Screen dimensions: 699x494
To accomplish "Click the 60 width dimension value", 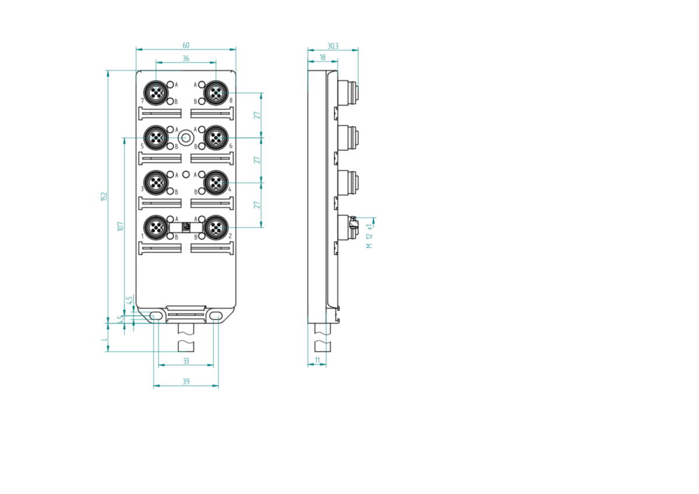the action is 186,45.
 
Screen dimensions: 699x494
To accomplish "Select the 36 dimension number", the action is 186,58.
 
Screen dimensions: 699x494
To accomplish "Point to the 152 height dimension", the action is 104,196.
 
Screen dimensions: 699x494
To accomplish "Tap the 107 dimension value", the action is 121,226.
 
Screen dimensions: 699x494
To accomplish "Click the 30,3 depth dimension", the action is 333,46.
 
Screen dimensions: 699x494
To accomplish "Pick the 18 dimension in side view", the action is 322,57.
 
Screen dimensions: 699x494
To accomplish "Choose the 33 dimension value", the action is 186,361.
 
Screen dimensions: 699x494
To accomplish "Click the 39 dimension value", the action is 186,382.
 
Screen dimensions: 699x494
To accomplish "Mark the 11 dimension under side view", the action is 317,360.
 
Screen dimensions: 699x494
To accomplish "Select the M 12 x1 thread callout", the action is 369,236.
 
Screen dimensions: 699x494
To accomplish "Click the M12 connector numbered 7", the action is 156,93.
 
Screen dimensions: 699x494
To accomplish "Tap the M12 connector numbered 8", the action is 216,93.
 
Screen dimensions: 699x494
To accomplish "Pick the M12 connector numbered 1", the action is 156,228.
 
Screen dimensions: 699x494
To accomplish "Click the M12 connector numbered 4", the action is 216,182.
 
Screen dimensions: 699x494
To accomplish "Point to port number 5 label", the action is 142,146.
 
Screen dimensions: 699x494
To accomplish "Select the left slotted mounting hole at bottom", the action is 156,316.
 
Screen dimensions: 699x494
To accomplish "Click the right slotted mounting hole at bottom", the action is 216,316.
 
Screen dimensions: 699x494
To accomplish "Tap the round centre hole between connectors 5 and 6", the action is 186,137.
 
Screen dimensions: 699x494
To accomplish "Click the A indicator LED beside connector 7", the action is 170,84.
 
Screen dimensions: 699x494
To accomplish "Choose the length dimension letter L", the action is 104,339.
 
